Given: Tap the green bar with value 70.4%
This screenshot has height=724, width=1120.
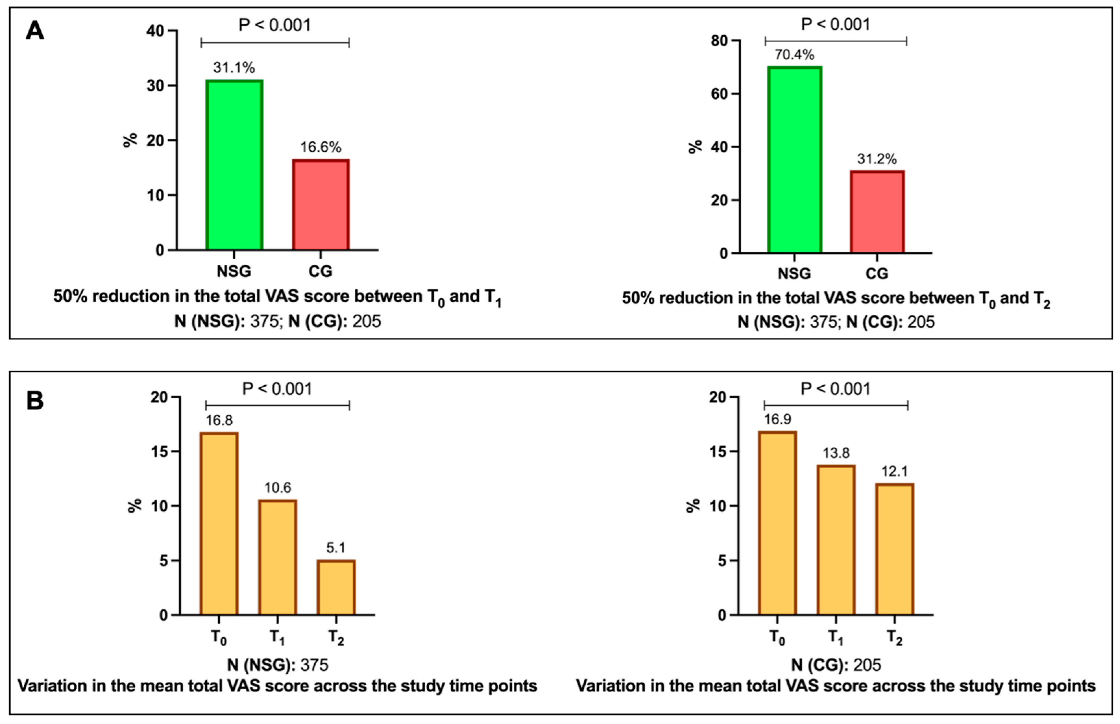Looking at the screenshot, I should tap(794, 160).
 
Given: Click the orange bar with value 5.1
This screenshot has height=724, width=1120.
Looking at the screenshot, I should tap(336, 587).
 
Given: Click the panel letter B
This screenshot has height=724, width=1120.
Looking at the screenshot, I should tap(35, 401).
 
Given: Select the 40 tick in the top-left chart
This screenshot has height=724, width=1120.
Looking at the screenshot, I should tap(155, 31).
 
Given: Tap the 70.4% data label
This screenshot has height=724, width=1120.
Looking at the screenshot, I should tap(794, 55).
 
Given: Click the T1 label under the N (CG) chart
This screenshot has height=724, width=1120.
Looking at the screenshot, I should tap(836, 637).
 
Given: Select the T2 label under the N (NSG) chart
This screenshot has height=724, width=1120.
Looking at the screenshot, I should tap(336, 637).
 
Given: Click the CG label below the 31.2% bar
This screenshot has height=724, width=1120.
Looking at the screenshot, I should tap(877, 274).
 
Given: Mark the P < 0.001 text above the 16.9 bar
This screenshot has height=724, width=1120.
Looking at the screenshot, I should tap(836, 389).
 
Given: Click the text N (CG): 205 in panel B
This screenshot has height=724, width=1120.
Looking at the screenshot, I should tap(836, 665).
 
